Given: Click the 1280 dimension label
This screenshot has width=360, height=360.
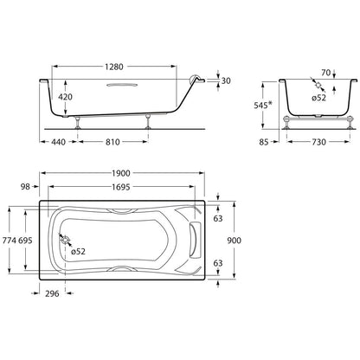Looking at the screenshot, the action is point(114,67).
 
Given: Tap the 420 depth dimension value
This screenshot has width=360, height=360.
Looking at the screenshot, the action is point(65,97).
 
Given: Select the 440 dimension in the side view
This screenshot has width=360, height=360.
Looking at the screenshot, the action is point(59,142).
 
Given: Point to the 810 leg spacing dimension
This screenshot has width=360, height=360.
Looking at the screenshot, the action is point(112,142).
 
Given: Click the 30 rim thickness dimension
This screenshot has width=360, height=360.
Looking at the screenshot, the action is point(226,81).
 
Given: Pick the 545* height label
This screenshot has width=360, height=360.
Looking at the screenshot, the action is point(263,106).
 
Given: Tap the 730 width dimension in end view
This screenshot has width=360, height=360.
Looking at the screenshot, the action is point(319,142).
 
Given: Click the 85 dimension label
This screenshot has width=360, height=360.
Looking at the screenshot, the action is point(264,142).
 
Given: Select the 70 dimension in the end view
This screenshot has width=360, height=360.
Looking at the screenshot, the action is point(325,73).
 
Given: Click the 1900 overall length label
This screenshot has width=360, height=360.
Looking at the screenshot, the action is point(121,173).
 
